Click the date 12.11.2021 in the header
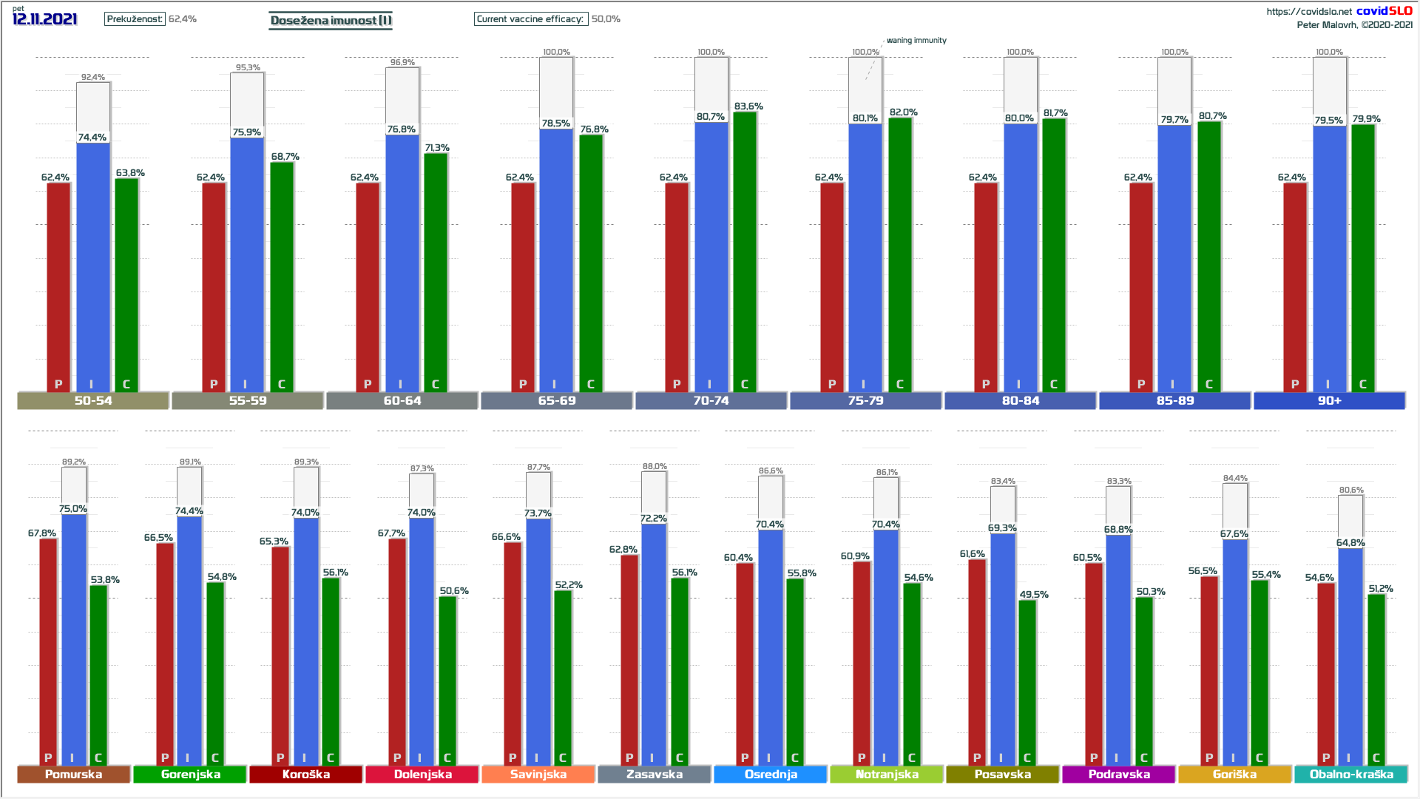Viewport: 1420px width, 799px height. [x=45, y=19]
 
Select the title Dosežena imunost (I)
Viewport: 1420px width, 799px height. [x=331, y=20]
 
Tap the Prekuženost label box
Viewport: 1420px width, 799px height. [x=135, y=19]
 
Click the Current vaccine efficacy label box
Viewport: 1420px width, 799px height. [x=530, y=19]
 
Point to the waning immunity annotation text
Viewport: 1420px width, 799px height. [x=916, y=41]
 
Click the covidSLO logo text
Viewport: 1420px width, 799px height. [x=1384, y=10]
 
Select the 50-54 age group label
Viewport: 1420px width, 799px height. [x=93, y=400]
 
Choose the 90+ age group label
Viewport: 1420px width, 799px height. [x=1329, y=400]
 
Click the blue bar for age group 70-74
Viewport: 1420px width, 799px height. [x=711, y=255]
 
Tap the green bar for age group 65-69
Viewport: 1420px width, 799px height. [x=591, y=263]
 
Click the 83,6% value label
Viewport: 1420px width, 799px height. [x=748, y=107]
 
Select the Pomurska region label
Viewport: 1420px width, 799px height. [x=73, y=774]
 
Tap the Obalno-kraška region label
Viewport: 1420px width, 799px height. [x=1351, y=774]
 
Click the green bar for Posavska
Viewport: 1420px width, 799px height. [x=1027, y=681]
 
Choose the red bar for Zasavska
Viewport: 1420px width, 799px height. [x=629, y=658]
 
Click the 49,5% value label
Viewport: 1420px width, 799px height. [x=1034, y=594]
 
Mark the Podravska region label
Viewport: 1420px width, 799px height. [x=1119, y=774]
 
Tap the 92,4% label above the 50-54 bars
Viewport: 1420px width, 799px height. [x=93, y=77]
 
